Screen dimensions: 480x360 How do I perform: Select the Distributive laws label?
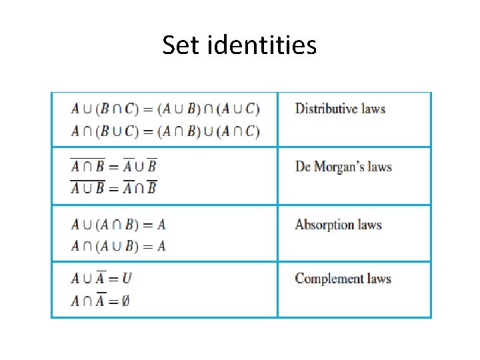point(340,109)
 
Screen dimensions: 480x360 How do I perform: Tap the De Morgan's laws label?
point(343,167)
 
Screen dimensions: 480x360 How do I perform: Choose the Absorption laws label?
point(338,225)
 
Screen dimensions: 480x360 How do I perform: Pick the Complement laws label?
point(343,279)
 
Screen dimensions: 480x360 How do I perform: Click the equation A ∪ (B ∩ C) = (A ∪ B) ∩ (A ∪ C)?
point(165,109)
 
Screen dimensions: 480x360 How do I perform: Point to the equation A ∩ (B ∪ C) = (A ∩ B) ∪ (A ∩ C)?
point(165,131)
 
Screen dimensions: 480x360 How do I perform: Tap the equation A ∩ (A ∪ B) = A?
point(118,246)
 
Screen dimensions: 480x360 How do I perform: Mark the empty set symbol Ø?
point(125,301)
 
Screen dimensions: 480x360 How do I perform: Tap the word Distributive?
point(325,109)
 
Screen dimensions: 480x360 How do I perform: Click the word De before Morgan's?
point(303,167)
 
